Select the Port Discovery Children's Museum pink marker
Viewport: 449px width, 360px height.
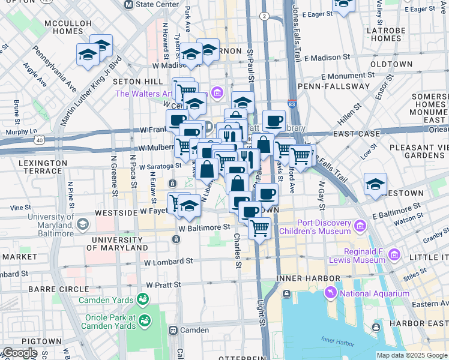click(360, 226)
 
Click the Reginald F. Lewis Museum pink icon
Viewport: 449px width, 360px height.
click(394, 253)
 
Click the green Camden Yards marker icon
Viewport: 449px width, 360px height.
click(143, 298)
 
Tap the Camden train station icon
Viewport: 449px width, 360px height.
click(173, 330)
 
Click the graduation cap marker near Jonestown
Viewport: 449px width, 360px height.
click(375, 184)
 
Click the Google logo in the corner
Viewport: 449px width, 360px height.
click(19, 353)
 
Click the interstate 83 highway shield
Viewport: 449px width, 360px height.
click(291, 104)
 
